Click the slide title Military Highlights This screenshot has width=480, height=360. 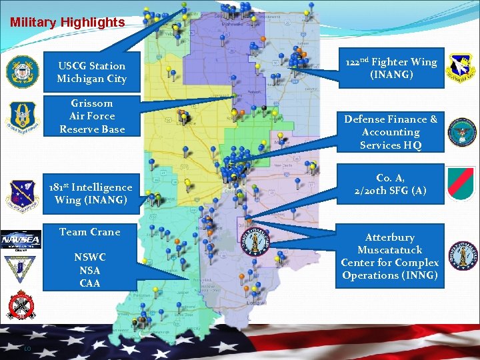67,22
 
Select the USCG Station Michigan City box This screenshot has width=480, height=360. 91,72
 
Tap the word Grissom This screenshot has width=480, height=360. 91,103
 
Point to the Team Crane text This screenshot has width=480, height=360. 90,232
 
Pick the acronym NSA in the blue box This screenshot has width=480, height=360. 90,270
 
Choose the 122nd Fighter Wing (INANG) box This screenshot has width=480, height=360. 391,68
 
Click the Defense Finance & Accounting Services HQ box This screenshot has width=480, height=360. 391,132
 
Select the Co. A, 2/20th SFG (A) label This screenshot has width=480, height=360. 391,185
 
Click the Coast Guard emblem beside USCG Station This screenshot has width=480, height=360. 23,71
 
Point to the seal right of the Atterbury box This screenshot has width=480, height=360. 462,256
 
